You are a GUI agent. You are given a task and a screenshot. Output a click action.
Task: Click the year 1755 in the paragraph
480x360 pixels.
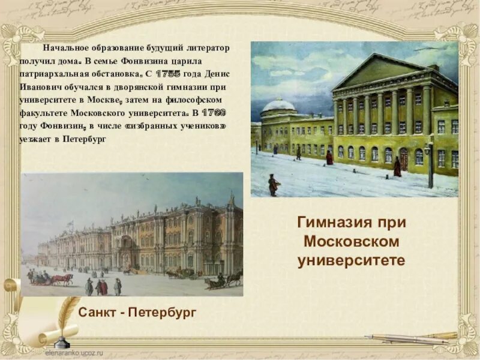click(x=167, y=74)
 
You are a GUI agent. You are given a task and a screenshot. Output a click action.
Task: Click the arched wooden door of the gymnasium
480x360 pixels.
click(x=403, y=159)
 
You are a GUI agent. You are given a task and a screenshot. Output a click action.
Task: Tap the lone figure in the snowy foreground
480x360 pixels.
click(x=274, y=185)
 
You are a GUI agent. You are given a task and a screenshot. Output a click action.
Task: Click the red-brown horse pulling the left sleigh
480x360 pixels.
click(x=62, y=278)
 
